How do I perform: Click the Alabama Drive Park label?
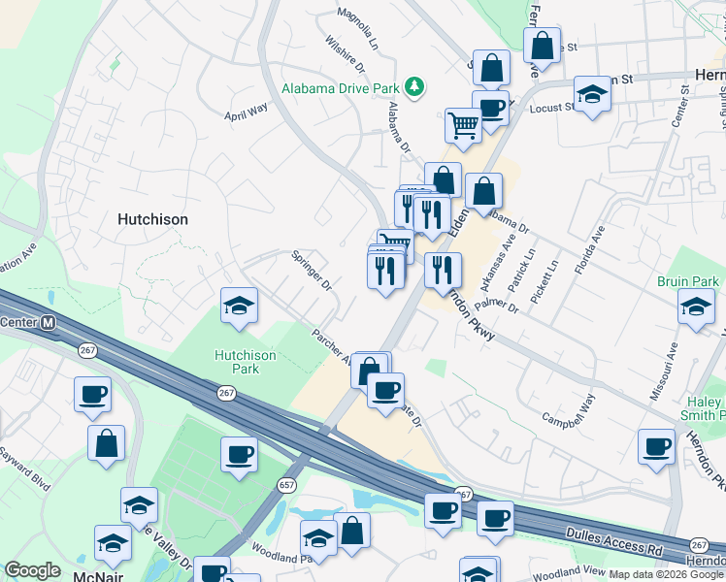click(342, 88)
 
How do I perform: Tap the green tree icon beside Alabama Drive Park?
click(415, 87)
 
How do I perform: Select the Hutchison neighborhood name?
click(152, 219)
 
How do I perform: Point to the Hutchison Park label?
click(245, 362)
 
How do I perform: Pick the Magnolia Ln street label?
click(356, 30)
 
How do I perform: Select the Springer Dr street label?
click(313, 272)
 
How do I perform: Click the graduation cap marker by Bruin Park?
click(695, 307)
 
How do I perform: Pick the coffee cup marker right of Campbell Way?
click(656, 447)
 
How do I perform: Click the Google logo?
click(32, 569)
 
